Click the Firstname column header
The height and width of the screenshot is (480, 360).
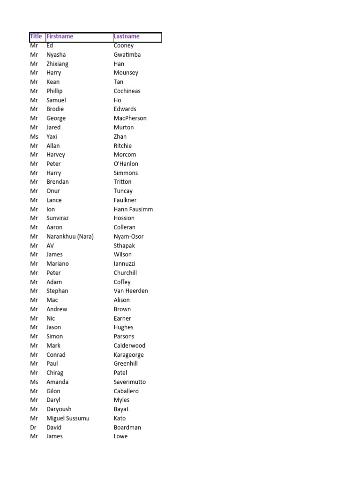click(60, 36)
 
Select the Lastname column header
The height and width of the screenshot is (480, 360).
click(127, 36)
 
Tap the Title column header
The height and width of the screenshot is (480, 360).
click(36, 36)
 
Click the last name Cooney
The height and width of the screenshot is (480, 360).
click(124, 45)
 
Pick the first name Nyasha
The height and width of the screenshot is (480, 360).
click(56, 54)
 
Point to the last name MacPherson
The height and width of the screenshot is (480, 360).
click(130, 118)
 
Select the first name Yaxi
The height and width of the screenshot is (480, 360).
click(52, 136)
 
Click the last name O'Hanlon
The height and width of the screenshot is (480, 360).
click(126, 164)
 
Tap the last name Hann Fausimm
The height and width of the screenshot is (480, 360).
click(133, 209)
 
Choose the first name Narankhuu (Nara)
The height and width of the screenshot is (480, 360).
click(70, 236)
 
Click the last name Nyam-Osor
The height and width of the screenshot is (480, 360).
click(128, 236)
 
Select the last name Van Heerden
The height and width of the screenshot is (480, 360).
click(131, 291)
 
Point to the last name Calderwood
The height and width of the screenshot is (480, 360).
click(129, 345)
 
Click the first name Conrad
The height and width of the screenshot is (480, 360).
click(56, 355)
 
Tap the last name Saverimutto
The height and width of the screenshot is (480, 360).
click(129, 382)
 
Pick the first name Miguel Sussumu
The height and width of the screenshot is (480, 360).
click(68, 418)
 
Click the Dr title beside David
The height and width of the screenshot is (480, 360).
click(33, 427)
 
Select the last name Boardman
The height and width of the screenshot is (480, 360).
click(127, 427)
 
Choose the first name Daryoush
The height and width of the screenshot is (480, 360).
click(59, 409)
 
